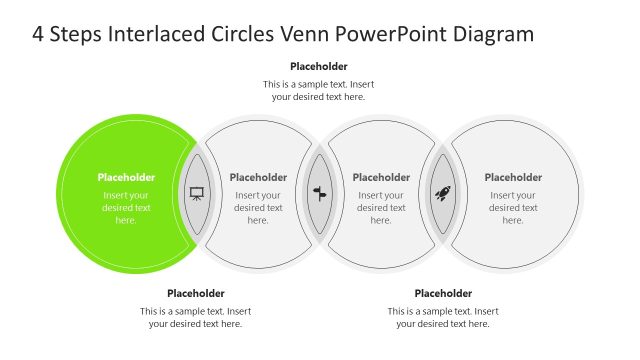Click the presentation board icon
click(196, 193)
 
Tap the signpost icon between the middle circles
click(320, 193)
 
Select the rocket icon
click(443, 193)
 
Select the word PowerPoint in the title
click(397, 34)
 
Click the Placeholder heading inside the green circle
click(126, 177)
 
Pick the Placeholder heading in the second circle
click(258, 177)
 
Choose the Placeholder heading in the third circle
click(381, 177)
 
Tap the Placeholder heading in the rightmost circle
click(513, 177)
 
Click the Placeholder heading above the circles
click(319, 67)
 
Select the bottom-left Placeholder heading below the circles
click(196, 293)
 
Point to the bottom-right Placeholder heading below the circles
click(443, 293)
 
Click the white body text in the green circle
click(126, 207)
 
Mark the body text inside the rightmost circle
click(513, 207)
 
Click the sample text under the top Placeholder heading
click(319, 91)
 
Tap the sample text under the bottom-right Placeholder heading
click(443, 317)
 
